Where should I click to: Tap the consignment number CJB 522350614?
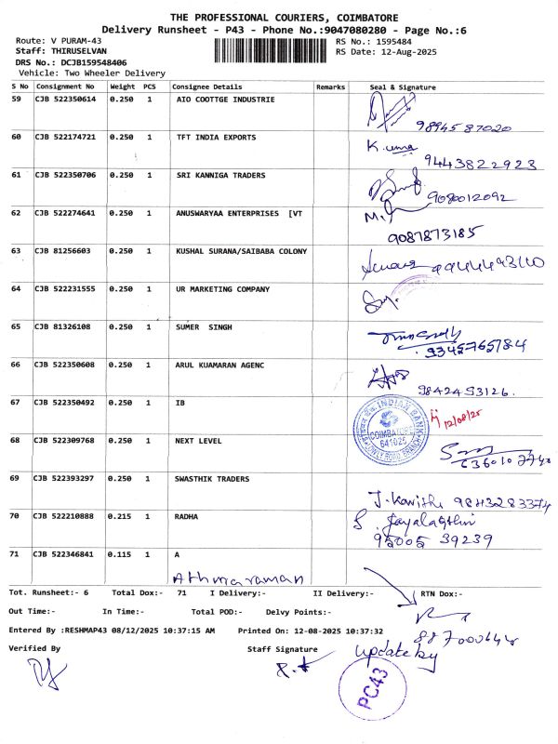click(x=65, y=99)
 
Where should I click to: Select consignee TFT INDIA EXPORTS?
click(x=216, y=137)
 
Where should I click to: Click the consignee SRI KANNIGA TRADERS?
click(x=220, y=175)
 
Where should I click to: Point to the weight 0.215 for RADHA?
click(x=122, y=515)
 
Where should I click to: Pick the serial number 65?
click(x=16, y=326)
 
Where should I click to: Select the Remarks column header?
click(x=330, y=86)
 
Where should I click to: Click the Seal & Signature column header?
click(x=403, y=86)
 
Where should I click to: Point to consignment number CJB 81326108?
click(x=62, y=326)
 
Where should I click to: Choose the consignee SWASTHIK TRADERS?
click(x=212, y=479)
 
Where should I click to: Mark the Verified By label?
click(x=34, y=647)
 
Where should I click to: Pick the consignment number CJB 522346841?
click(x=65, y=553)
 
